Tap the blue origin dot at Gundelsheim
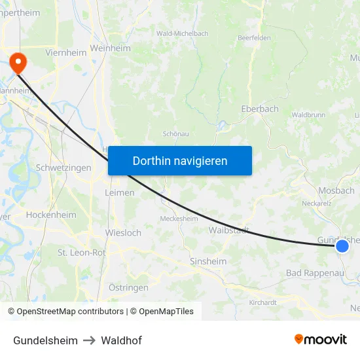(x=342, y=246)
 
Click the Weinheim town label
(x=111, y=48)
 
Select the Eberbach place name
(x=260, y=109)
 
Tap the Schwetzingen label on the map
(x=63, y=168)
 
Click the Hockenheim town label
(x=51, y=215)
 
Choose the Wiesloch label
(x=123, y=232)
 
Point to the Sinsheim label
(x=208, y=261)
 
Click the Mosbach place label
(x=336, y=190)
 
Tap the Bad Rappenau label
(x=315, y=272)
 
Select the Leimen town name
(x=120, y=192)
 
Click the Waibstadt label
(x=228, y=230)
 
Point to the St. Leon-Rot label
(x=82, y=252)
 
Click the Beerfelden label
(x=254, y=38)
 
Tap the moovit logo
(x=321, y=339)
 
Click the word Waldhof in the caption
(x=121, y=340)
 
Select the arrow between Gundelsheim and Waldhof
(x=89, y=340)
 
